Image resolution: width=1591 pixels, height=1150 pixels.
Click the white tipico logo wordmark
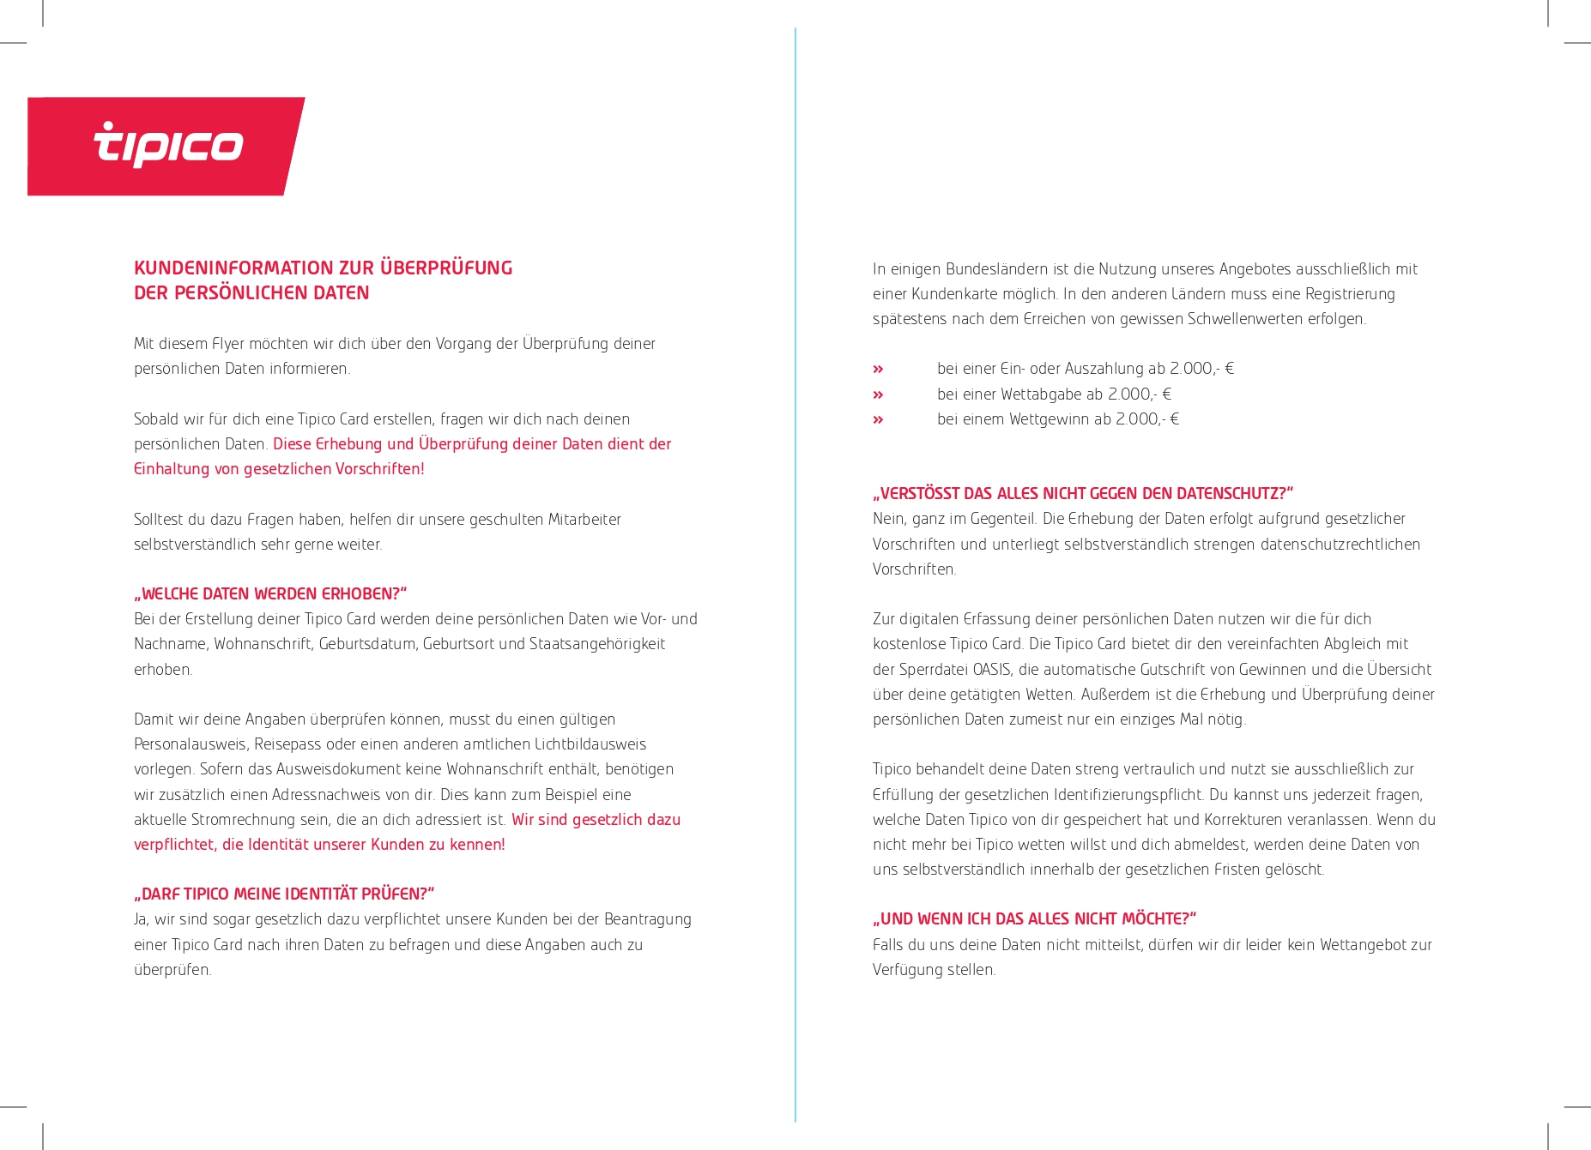pos(168,144)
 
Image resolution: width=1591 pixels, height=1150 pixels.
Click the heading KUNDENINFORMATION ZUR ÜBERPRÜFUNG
pos(323,268)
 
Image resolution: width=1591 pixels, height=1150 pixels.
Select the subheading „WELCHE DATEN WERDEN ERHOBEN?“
pos(270,593)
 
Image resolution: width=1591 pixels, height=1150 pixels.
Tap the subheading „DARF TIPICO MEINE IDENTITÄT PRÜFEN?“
pos(284,894)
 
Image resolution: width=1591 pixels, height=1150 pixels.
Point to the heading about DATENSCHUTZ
pos(1082,493)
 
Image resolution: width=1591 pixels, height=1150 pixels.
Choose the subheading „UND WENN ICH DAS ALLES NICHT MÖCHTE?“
pos(1034,918)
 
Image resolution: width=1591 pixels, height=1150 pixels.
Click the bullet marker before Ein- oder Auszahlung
pos(878,369)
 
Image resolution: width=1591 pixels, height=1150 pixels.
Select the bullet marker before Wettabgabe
pos(878,394)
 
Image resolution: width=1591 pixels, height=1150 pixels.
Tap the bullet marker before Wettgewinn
pos(878,419)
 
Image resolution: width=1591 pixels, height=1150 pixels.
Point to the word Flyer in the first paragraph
pos(228,343)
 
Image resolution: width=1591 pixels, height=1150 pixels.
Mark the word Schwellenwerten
pos(1249,318)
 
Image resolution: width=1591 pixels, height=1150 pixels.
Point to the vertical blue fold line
pos(795,575)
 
